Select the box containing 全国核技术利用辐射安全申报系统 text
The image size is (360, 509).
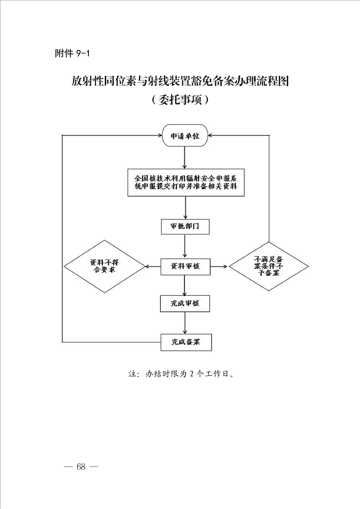click(x=186, y=182)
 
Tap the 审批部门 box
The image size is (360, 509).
click(x=185, y=226)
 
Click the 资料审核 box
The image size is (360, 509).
click(x=186, y=267)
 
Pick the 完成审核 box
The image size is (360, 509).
click(x=185, y=303)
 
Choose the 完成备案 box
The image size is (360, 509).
click(x=186, y=342)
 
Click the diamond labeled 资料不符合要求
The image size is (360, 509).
click(x=104, y=266)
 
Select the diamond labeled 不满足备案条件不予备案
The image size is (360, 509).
click(x=269, y=266)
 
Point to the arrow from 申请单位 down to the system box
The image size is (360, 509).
click(x=185, y=157)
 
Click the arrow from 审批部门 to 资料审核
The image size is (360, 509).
click(x=185, y=246)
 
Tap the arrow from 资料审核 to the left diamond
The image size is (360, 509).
click(x=153, y=267)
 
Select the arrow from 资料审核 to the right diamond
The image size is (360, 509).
click(x=219, y=267)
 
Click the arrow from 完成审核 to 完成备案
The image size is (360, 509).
click(x=185, y=323)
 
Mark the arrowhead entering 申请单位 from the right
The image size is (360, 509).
click(x=210, y=135)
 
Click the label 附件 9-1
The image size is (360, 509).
click(x=72, y=53)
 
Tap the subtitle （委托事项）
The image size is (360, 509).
click(x=180, y=100)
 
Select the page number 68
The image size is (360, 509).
click(x=81, y=467)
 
